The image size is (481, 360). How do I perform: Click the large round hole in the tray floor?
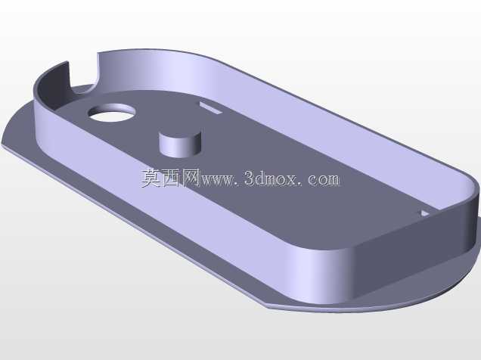point(112,113)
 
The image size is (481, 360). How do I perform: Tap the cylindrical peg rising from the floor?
point(180,144)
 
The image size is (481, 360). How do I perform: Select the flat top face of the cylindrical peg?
point(180,136)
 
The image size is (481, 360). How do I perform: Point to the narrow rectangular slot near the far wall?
point(210,108)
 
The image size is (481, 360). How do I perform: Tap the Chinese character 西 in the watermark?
point(172,178)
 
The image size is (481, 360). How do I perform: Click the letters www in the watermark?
point(219,180)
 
